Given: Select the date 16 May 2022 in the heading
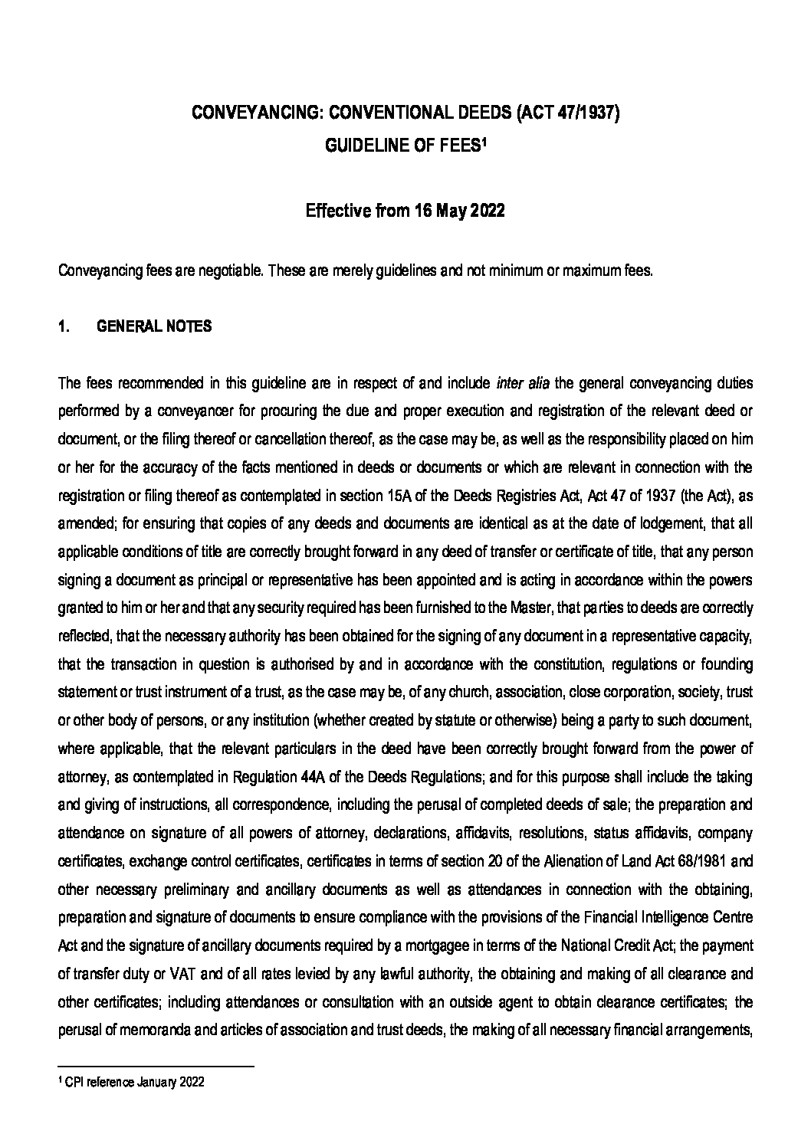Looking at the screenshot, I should click(459, 211).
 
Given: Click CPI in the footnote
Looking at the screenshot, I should click(74, 1083).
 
